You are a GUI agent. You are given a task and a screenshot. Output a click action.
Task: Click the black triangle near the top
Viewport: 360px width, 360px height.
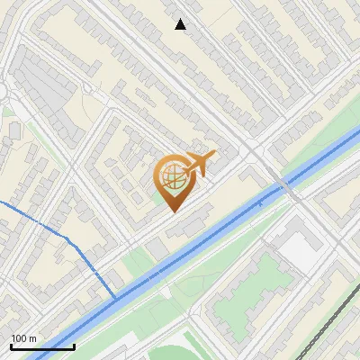coord(181,24)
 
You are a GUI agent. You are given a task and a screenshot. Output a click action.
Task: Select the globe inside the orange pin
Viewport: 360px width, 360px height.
coord(172,178)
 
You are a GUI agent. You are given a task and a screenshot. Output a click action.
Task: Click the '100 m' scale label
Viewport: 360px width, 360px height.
coord(23,338)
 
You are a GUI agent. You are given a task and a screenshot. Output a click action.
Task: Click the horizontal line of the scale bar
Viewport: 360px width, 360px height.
coord(42,346)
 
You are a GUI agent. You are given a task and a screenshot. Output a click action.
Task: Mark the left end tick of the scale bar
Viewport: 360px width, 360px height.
coord(11,345)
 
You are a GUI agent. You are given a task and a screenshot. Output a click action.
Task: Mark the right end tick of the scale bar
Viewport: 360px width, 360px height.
coord(74,345)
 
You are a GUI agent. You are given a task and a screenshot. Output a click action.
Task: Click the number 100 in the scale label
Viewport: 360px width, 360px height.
coord(19,338)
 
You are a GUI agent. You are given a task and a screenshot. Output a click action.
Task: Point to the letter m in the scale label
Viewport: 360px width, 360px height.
coord(32,339)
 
